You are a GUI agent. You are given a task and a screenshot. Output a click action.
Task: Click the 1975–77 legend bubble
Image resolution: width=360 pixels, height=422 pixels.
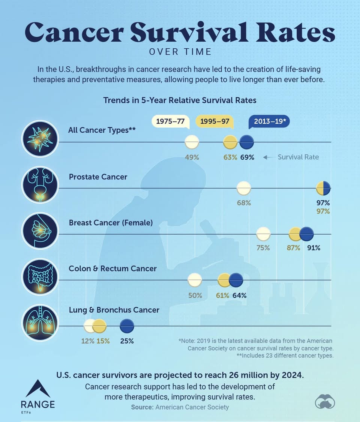171,121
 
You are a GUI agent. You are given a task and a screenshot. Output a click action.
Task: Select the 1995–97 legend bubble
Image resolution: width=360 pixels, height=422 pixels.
215,121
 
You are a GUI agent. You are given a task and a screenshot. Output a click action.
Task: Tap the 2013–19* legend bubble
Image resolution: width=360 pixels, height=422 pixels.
269,121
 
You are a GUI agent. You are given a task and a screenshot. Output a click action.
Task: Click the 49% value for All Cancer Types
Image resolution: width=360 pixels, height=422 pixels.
192,157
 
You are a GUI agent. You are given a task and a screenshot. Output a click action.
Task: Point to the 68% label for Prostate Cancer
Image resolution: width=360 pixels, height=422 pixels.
244,203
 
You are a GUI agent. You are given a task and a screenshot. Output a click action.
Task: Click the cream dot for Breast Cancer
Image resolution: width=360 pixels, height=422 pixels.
263,234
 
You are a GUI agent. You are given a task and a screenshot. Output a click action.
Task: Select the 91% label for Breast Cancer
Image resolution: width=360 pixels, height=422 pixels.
313,248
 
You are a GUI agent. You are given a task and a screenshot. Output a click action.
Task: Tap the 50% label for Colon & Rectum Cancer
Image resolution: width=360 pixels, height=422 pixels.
195,295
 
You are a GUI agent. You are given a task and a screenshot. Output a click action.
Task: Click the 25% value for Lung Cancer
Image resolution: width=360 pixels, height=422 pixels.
127,341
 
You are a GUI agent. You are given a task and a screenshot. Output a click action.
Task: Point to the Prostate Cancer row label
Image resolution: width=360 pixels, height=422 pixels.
98,177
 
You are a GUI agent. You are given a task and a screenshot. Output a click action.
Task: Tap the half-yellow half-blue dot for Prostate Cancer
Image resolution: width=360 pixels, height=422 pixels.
323,188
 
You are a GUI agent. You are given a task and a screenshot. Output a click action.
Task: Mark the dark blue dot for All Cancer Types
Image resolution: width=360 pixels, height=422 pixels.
246,142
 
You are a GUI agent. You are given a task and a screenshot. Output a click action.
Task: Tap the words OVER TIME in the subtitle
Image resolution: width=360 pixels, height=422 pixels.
180,52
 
